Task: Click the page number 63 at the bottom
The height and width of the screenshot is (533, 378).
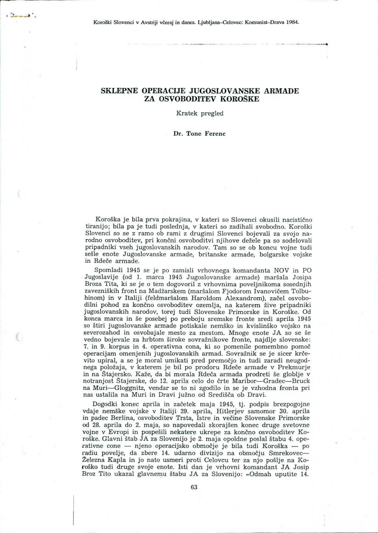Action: (x=194, y=487)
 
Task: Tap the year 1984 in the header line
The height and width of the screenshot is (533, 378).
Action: (x=291, y=22)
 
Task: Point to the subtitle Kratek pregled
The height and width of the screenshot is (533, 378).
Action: (x=194, y=113)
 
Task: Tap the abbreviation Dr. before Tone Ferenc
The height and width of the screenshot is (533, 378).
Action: (x=177, y=134)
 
